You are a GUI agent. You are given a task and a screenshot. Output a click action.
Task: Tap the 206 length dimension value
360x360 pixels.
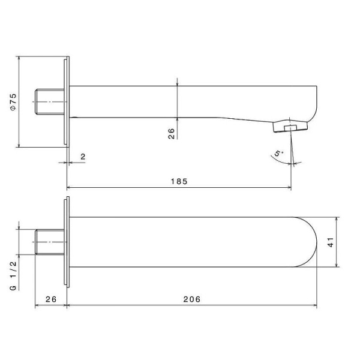[192, 298]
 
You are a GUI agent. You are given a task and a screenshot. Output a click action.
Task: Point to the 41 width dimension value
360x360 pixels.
[347, 241]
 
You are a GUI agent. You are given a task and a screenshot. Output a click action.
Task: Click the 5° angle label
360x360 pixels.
[277, 154]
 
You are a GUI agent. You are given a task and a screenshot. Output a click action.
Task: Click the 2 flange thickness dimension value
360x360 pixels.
[83, 157]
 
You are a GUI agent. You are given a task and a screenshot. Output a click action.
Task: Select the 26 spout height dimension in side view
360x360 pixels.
[170, 133]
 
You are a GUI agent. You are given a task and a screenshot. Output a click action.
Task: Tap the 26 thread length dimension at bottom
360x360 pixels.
[50, 298]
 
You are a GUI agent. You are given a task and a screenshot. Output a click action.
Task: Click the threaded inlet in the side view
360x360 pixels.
[50, 102]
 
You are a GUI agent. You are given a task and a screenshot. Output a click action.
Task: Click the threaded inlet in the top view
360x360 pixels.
[49, 242]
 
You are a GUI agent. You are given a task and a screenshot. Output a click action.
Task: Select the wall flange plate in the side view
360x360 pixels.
[66, 102]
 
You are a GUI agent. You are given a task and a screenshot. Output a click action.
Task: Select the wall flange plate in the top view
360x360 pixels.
[66, 242]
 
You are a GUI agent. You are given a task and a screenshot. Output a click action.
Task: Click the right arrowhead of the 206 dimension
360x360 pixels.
[316, 305]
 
